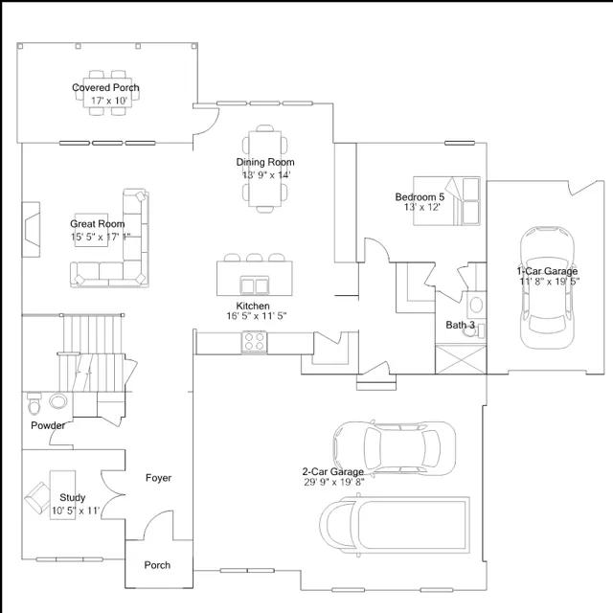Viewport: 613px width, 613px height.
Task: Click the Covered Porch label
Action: click(x=105, y=87)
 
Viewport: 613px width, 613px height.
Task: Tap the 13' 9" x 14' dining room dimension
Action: click(x=266, y=174)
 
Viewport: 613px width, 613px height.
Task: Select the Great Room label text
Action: click(x=98, y=224)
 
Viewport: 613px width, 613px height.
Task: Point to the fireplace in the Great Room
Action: click(x=31, y=230)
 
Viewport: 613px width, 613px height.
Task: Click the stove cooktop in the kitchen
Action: click(x=255, y=342)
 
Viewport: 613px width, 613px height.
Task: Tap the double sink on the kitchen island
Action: click(x=255, y=285)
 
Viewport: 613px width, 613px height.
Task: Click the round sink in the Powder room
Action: click(x=58, y=401)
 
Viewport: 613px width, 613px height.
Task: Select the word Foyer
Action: click(x=158, y=478)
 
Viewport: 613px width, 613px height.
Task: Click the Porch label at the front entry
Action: click(x=157, y=565)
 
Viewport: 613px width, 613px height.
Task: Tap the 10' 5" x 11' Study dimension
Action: click(x=76, y=511)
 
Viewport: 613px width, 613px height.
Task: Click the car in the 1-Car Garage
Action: click(x=547, y=287)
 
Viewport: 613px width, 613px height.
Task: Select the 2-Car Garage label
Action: click(x=333, y=472)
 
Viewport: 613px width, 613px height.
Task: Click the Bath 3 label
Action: click(x=460, y=325)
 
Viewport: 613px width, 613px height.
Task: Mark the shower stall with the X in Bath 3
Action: click(x=461, y=359)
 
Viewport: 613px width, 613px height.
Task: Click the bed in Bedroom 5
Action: click(x=447, y=201)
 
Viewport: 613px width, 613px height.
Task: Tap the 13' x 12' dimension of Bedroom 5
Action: click(x=422, y=207)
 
